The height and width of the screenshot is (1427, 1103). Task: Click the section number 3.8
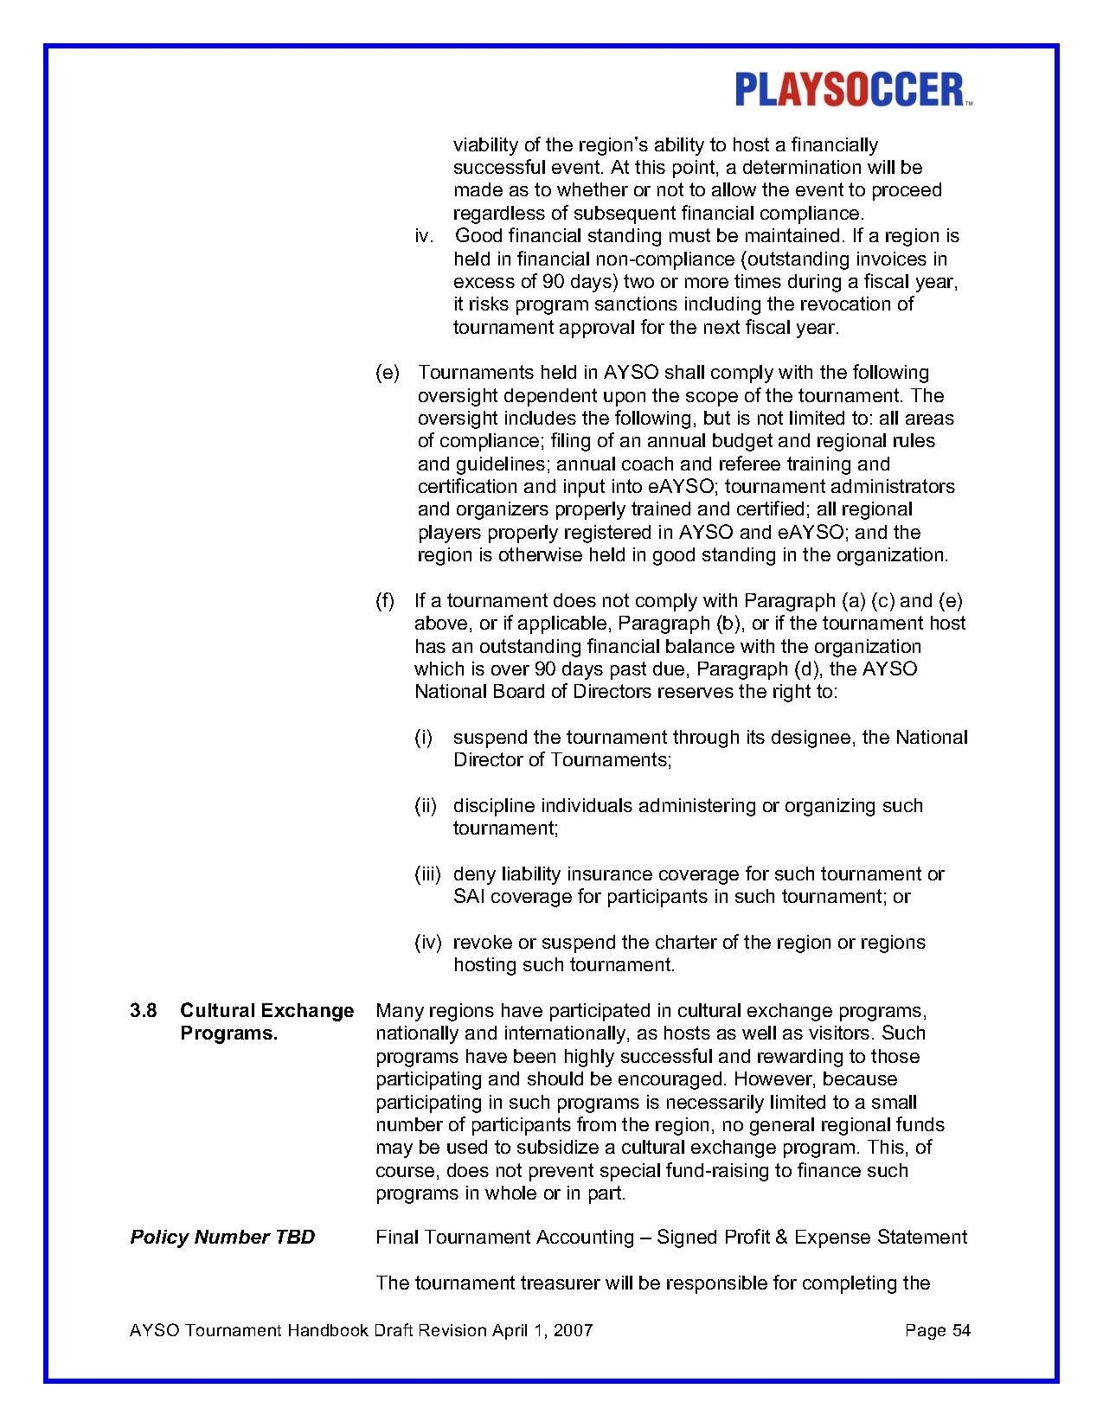point(144,1010)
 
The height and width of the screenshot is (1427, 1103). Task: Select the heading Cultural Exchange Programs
point(266,1021)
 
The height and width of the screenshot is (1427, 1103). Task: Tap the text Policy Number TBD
point(222,1237)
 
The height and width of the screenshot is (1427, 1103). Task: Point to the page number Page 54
point(938,1330)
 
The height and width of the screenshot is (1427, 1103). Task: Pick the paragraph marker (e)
point(388,373)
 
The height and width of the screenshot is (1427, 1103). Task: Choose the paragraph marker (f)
point(385,600)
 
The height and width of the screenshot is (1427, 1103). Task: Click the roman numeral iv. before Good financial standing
point(424,236)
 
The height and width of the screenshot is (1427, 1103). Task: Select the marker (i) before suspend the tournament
point(423,738)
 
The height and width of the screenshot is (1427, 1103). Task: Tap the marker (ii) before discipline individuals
point(425,806)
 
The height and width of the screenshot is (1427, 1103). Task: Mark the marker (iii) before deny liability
point(427,874)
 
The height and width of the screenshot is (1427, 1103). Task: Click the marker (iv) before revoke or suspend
point(427,943)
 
